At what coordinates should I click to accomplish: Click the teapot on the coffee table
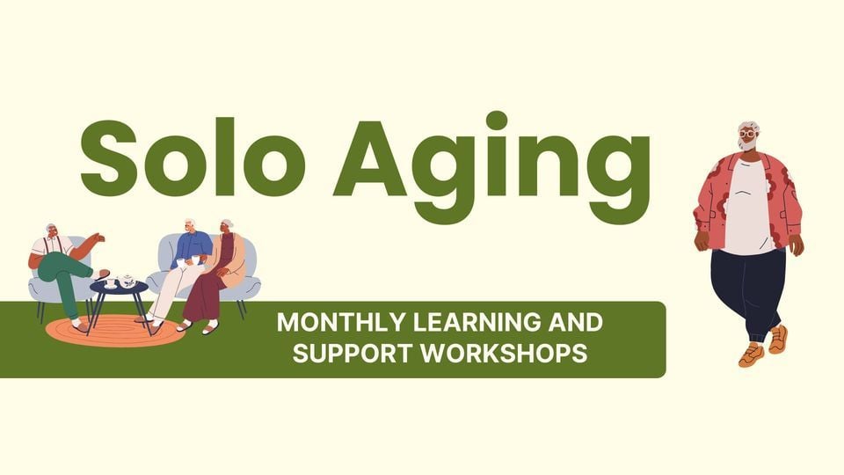coord(128,281)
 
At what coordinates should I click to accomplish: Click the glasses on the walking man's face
coord(748,134)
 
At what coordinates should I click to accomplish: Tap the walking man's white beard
coord(748,145)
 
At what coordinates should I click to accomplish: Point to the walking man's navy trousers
coord(747,290)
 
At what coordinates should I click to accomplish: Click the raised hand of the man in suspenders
coord(99,237)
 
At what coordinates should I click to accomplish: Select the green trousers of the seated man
coord(66,273)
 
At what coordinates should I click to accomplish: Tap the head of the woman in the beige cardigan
coord(227,228)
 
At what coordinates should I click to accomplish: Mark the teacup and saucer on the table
coord(112,282)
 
